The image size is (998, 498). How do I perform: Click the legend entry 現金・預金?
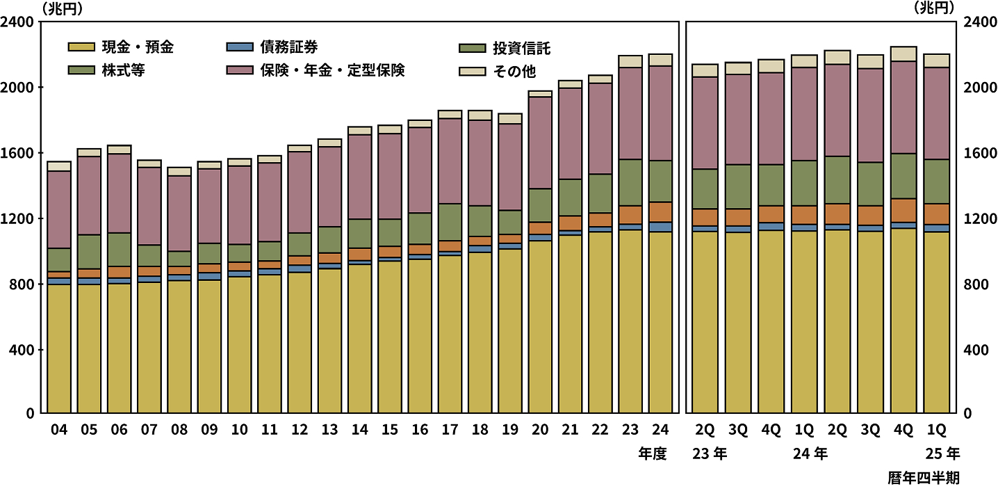136,48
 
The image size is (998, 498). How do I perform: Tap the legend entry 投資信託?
522,49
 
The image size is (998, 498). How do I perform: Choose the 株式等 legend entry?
126,70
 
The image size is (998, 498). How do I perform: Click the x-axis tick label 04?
59,431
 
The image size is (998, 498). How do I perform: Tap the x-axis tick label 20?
540,431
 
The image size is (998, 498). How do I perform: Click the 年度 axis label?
653,454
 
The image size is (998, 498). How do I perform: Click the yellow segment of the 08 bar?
179,348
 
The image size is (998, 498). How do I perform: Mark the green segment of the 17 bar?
450,222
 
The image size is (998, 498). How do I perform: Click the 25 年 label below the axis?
942,454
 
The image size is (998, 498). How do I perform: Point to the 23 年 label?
710,454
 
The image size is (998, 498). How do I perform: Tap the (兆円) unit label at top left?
62,8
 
